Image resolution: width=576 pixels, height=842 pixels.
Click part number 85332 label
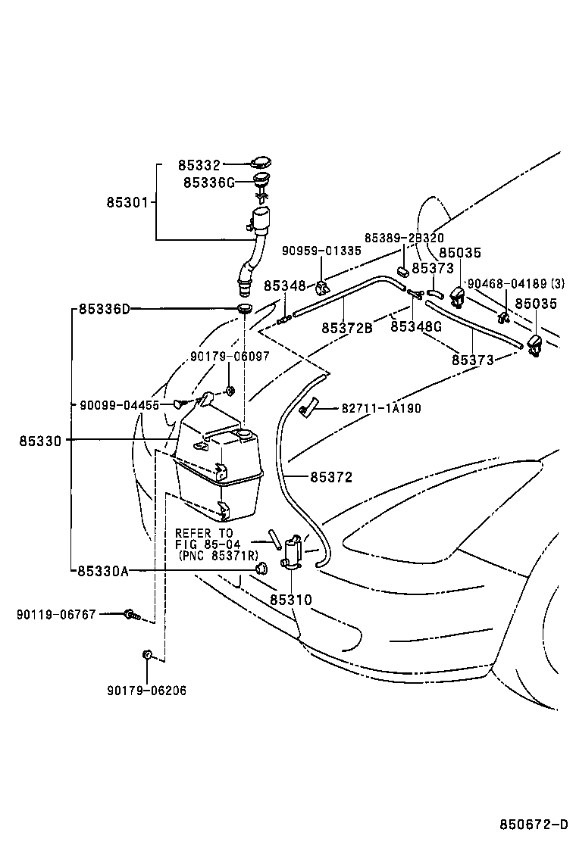[199, 164]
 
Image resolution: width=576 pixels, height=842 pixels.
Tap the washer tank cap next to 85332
[261, 162]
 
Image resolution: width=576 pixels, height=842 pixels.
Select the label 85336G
[209, 182]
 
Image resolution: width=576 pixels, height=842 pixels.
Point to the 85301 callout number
[127, 202]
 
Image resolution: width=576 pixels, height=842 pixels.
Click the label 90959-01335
[322, 251]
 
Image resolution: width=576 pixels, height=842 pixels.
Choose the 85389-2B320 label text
[404, 237]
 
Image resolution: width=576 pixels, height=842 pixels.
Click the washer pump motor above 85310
[293, 552]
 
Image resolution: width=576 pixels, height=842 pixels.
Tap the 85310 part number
[291, 599]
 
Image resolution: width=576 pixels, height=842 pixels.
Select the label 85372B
[347, 328]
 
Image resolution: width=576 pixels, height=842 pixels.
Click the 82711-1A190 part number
[381, 408]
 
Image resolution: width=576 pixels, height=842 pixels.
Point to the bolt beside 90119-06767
[132, 614]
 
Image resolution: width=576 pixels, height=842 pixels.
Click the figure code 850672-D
[534, 825]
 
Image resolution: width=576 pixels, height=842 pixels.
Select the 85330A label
[103, 571]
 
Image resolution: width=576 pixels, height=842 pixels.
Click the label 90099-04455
[119, 405]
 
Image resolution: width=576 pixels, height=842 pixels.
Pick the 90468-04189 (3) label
[516, 283]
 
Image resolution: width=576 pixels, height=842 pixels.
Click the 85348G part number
[416, 326]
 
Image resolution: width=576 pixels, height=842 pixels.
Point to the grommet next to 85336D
[245, 309]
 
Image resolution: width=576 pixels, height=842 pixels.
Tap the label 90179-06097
[230, 357]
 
